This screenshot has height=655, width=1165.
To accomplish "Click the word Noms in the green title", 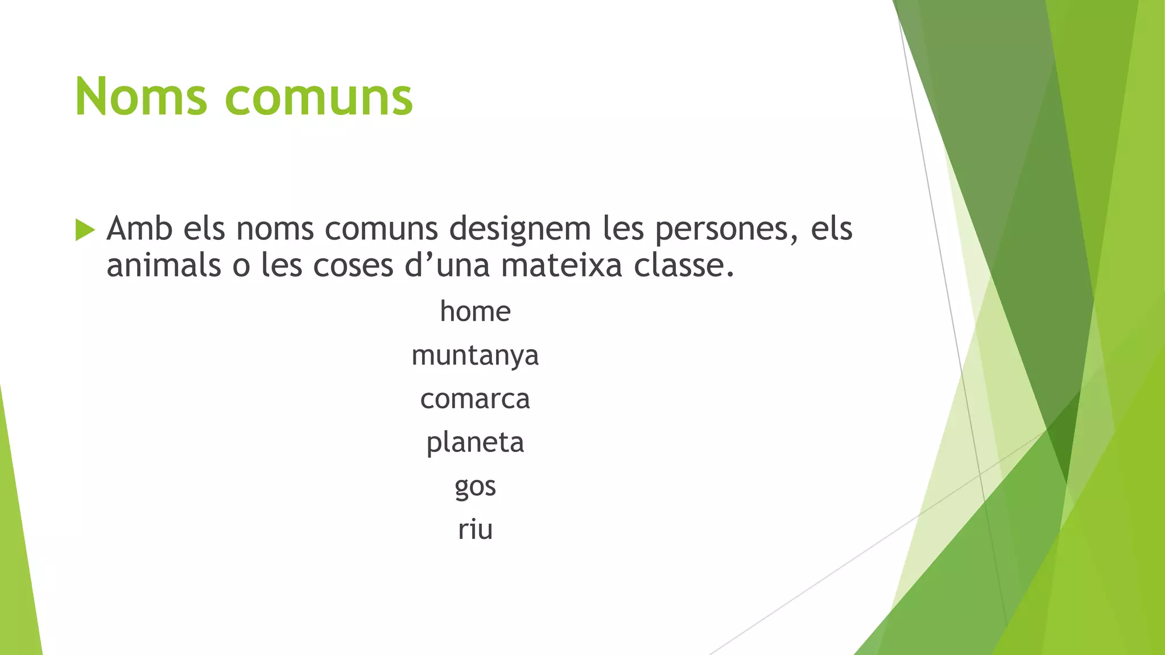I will [x=141, y=97].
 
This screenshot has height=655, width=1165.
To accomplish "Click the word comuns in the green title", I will [x=319, y=97].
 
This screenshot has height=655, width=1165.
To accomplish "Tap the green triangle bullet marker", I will [x=85, y=230].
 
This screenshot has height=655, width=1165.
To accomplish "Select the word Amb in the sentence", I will [x=139, y=229].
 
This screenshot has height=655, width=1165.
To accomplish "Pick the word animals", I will [x=164, y=266].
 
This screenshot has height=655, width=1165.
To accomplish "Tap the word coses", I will [x=353, y=266].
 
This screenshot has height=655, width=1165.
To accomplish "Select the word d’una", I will [x=447, y=266].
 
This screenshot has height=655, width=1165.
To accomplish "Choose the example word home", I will [x=475, y=312].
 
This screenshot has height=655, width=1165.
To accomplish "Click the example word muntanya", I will [x=475, y=356].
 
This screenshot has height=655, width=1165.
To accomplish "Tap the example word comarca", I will [x=475, y=399].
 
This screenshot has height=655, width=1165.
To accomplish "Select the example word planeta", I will [x=475, y=443].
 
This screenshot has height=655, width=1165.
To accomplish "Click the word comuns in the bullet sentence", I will [x=381, y=230].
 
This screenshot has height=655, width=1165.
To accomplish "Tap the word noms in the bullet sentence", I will [x=275, y=230].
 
